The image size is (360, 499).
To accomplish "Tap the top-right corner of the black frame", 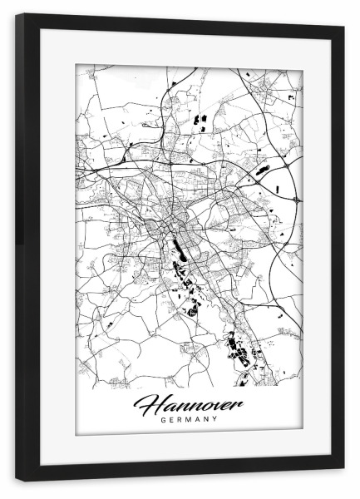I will pyautogui.click(x=343, y=27).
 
